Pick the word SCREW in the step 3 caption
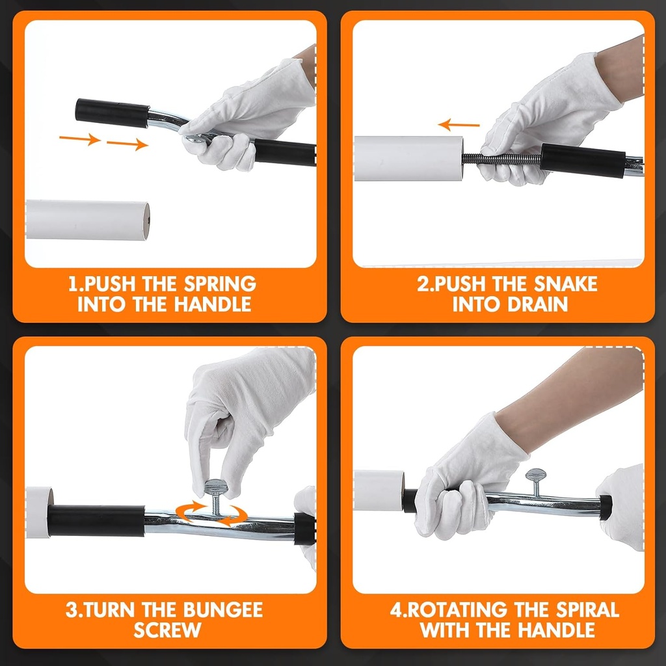[167, 630]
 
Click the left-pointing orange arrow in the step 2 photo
[459, 124]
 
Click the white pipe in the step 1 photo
[87, 220]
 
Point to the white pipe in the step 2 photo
[408, 158]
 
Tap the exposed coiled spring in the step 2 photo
[501, 159]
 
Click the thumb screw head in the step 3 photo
[215, 487]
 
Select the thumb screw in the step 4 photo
[536, 481]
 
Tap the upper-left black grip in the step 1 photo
[111, 111]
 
